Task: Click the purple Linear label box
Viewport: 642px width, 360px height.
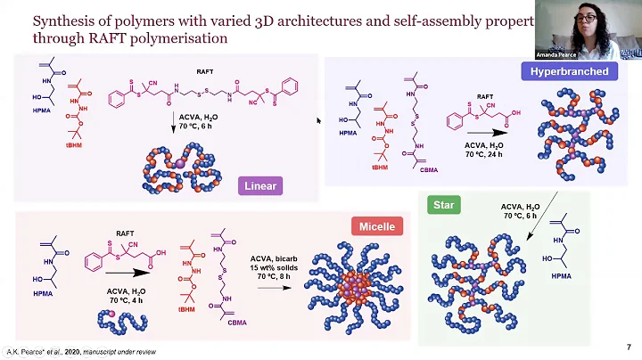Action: pos(261,186)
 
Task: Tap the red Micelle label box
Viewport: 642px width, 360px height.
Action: pos(376,226)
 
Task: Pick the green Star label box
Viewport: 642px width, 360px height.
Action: pos(443,205)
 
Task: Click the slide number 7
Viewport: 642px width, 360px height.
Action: pos(629,347)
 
